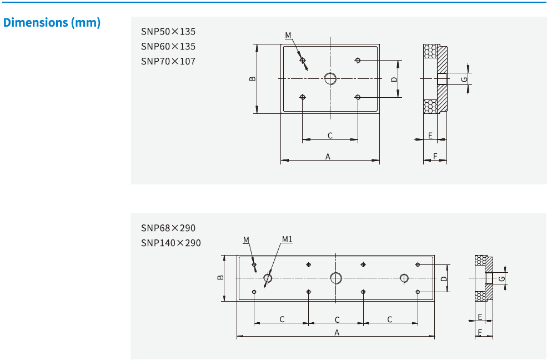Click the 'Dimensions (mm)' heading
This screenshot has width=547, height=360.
(52, 23)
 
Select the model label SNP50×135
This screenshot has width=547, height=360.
(168, 32)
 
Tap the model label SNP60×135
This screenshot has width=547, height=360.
(168, 47)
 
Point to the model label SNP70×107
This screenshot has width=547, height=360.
(168, 61)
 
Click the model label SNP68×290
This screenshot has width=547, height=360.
(168, 228)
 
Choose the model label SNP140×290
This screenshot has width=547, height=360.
(170, 243)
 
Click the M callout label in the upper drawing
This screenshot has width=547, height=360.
(288, 36)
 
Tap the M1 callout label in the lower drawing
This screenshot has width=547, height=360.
(287, 239)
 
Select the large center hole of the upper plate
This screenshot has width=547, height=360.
(330, 78)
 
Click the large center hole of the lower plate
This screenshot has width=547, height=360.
(336, 278)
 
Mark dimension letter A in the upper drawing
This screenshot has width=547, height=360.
(328, 157)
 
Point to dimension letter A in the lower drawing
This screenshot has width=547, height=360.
(337, 332)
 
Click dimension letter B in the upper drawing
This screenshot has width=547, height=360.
(253, 79)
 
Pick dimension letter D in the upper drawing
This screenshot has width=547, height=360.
(394, 79)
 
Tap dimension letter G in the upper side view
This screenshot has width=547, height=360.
(464, 79)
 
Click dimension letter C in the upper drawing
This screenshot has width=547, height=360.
(330, 136)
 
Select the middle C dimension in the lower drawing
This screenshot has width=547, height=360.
(337, 319)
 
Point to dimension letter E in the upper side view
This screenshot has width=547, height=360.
(430, 136)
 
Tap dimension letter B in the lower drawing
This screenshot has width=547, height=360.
(220, 278)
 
